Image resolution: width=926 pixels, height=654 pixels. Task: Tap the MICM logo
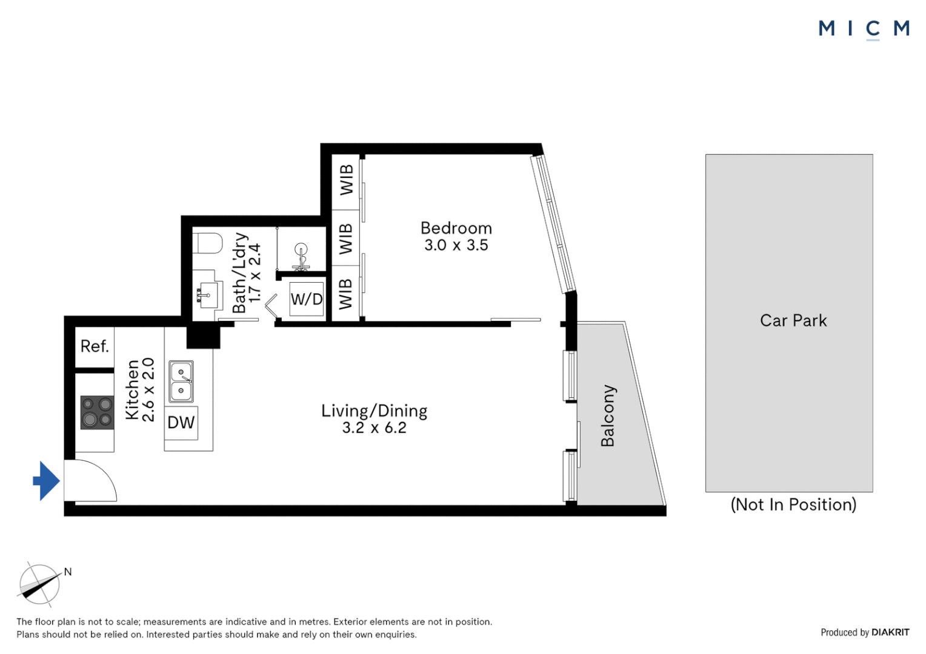coord(864,28)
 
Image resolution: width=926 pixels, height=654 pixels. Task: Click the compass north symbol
coord(40,584)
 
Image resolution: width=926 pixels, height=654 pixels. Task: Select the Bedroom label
coord(456,228)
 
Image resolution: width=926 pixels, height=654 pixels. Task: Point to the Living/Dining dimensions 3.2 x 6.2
coord(374,428)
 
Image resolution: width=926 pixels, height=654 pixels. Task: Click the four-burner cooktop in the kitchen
coord(97,412)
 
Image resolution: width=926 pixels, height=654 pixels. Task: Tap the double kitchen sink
coord(181,381)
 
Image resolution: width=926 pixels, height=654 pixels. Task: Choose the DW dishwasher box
coord(181,422)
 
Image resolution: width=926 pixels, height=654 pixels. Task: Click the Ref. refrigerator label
coord(95,346)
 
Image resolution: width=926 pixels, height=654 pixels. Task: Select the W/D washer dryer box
coord(307,299)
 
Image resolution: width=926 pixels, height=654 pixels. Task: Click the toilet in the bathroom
coord(208,244)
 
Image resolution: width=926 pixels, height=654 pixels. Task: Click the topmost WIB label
coord(346,180)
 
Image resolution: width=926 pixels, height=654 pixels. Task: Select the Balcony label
coord(607,415)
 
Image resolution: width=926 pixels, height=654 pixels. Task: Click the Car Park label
coord(793,320)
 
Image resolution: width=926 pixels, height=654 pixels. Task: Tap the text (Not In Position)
coord(793,504)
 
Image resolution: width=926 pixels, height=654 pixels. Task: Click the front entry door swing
coord(91,481)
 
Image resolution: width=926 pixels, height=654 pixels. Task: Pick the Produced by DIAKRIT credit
coord(864,632)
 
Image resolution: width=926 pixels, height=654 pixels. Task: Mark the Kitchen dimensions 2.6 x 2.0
coord(148,389)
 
